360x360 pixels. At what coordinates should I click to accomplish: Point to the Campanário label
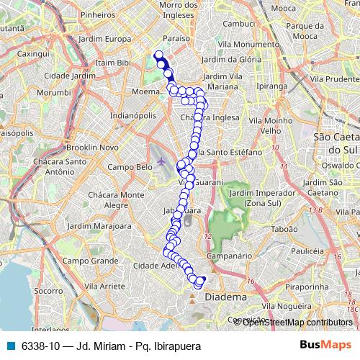228,255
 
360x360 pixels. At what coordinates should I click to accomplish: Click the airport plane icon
160,160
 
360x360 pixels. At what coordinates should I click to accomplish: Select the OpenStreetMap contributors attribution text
297,322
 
